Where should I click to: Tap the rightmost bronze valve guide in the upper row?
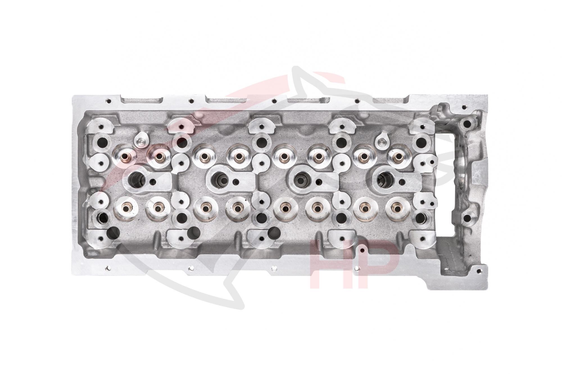pos(397,157)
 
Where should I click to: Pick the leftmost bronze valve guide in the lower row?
pos(124,208)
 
